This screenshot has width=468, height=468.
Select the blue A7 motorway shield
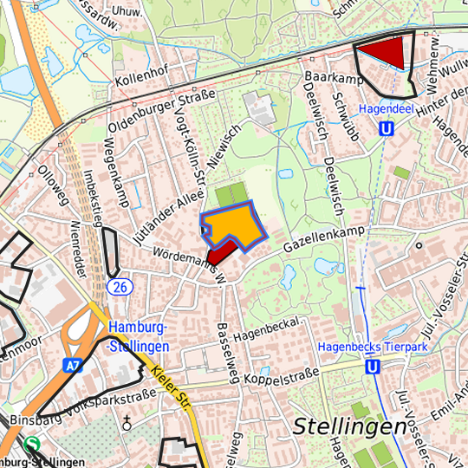point(74,366)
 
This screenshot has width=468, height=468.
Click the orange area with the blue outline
point(233,223)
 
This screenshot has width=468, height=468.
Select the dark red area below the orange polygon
point(221,252)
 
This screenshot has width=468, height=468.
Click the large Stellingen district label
point(349,426)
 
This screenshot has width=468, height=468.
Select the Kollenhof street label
point(140,76)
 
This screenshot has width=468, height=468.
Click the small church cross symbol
point(127,424)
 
